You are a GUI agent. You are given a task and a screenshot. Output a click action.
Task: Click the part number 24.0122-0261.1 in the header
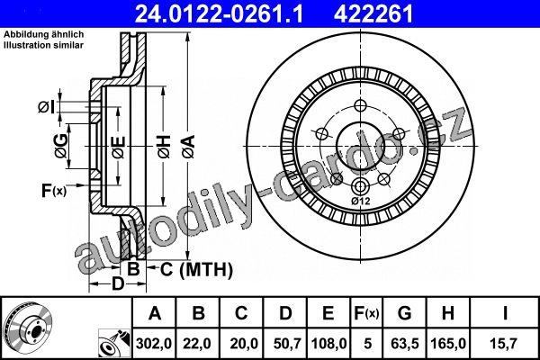coord(219,14)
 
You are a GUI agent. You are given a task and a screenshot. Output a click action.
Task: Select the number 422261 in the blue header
coord(373,14)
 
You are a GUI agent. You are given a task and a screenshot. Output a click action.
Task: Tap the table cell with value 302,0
coord(154,344)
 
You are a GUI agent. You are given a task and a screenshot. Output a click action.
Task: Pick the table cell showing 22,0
coord(196,344)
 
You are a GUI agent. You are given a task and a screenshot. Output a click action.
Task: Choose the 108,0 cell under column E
coord(328,344)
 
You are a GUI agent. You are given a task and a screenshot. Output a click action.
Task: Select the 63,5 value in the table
coord(405,344)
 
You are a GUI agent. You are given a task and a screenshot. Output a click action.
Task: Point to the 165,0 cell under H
coord(448,344)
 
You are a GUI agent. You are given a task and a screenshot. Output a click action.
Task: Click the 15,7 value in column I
coord(503,344)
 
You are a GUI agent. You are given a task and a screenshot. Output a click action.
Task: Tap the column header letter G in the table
coord(405,313)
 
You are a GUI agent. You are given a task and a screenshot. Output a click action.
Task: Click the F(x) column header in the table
coord(366,313)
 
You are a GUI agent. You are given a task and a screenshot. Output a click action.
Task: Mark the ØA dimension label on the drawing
coord(189,147)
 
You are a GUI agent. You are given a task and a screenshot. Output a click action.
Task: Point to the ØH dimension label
coord(165,147)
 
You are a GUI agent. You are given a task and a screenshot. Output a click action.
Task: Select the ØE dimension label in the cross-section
coord(119,148)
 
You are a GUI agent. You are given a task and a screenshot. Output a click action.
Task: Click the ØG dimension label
coord(61,146)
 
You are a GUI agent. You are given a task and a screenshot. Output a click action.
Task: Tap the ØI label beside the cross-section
coord(47,107)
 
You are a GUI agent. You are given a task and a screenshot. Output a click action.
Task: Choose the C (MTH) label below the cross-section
coord(196,269)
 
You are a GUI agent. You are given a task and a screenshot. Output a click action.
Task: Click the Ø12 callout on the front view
coord(360,202)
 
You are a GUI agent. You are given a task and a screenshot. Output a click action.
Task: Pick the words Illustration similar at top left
coord(44,45)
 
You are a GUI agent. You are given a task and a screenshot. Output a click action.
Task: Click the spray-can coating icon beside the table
coord(114,344)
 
